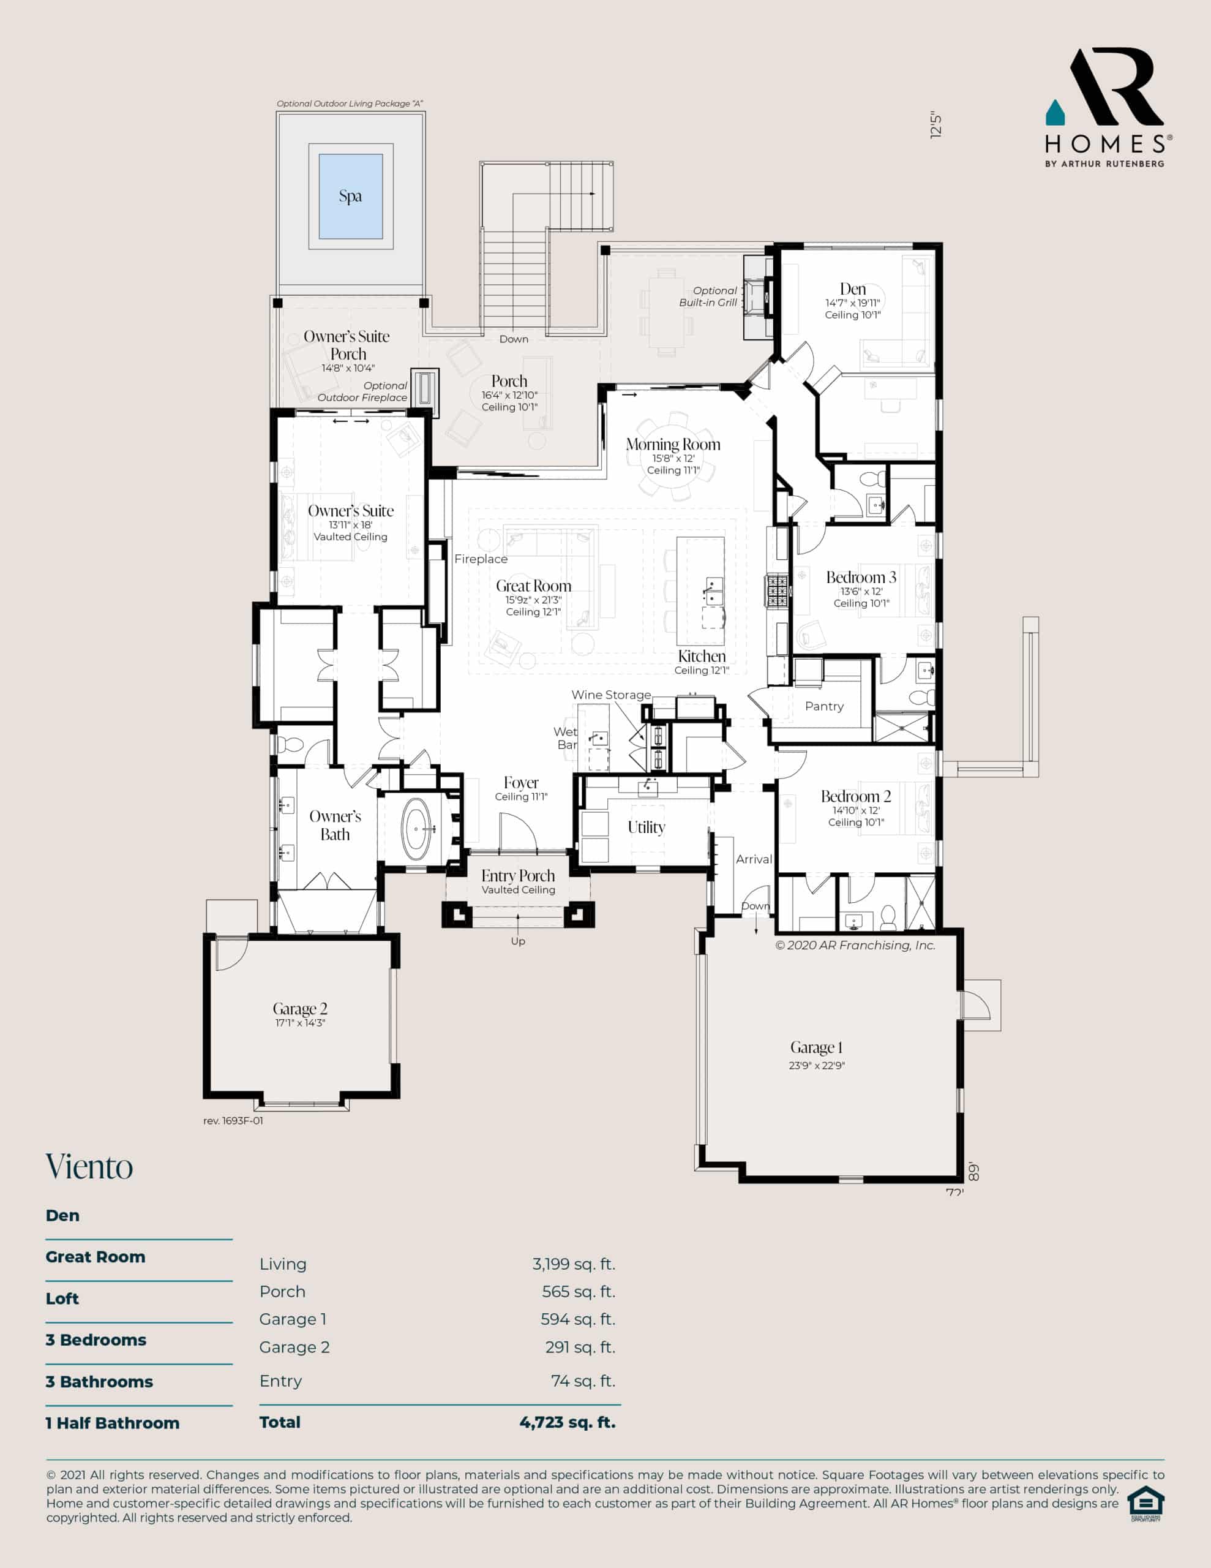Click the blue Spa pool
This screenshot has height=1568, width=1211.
click(350, 196)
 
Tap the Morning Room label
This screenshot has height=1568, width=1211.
click(673, 445)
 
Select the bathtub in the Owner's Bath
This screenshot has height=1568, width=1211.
click(416, 829)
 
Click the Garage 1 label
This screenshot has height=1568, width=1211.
click(816, 1047)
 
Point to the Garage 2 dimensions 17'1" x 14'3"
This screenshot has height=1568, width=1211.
click(300, 1022)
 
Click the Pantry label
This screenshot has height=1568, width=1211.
click(824, 706)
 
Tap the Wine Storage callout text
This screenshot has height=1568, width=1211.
click(611, 695)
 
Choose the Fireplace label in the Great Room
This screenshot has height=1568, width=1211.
click(481, 559)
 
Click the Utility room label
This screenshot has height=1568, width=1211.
click(646, 827)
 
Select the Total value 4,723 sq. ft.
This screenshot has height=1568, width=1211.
click(568, 1422)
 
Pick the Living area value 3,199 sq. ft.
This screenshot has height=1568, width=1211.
click(574, 1264)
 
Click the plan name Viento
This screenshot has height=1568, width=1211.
click(90, 1167)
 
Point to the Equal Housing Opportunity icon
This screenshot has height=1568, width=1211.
click(1145, 1504)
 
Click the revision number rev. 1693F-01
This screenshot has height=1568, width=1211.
click(233, 1121)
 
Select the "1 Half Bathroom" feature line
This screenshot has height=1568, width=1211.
click(113, 1423)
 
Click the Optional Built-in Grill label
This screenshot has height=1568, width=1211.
click(708, 296)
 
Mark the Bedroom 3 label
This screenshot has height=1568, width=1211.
click(861, 577)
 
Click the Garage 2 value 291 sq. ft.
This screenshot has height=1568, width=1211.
click(580, 1347)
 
